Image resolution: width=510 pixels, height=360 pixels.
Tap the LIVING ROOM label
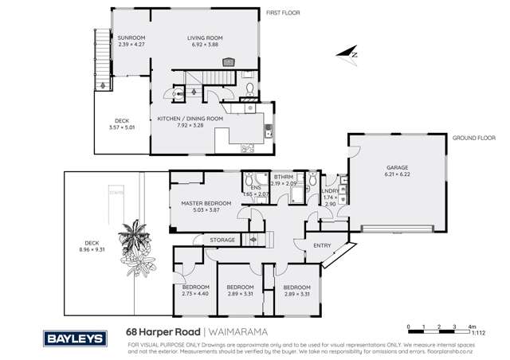(205, 37)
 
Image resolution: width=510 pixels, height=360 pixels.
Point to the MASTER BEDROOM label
(206, 203)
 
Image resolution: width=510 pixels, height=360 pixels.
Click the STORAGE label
(222, 239)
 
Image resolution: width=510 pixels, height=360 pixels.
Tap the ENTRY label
(322, 245)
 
